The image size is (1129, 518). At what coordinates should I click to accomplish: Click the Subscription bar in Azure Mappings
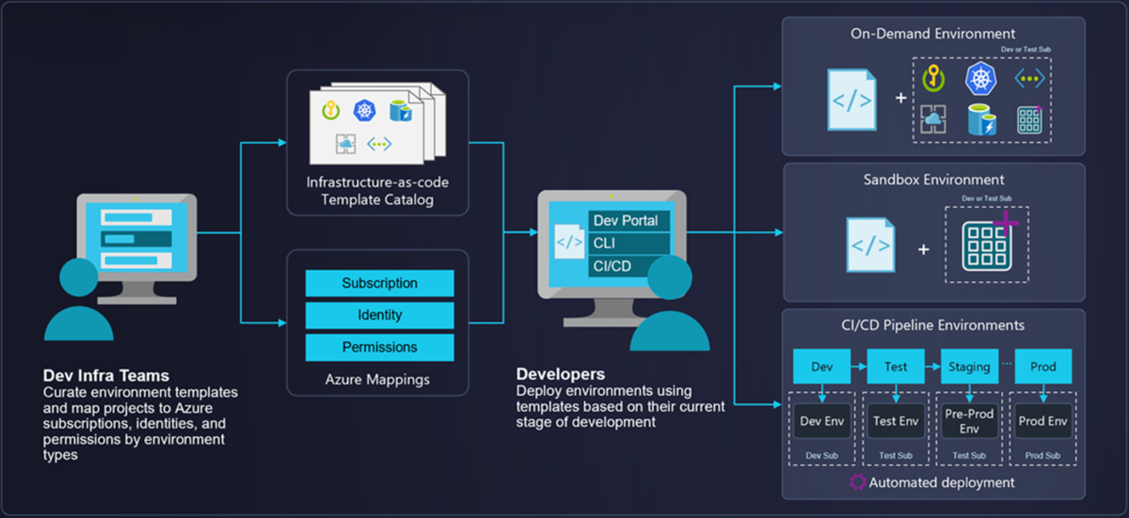pos(379,283)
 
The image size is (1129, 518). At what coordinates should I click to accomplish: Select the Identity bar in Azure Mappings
pos(379,315)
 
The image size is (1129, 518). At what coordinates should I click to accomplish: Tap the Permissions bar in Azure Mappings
pos(379,347)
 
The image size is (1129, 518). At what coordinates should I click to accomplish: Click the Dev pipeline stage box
pos(821,367)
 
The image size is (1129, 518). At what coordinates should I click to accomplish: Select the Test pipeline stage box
pos(896,367)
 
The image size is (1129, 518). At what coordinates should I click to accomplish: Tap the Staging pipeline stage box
pos(969,367)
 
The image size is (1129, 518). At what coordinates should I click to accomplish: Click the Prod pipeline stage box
pos(1043,367)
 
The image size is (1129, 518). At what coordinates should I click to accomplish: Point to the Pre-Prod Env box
pos(969,421)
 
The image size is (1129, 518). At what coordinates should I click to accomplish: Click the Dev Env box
pos(821,421)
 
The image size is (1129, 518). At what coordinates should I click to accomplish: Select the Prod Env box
pos(1043,421)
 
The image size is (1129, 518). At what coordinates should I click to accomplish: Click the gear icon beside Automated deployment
pos(857,482)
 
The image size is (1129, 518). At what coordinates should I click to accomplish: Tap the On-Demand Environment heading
pos(933,35)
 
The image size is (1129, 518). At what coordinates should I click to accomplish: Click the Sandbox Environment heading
pos(933,180)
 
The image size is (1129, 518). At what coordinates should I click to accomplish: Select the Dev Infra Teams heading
pos(106,376)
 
